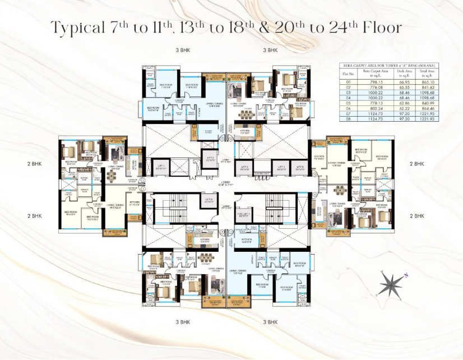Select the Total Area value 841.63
pos(427,87)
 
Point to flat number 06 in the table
pos(350,108)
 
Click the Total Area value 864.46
pos(427,108)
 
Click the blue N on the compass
pos(406,275)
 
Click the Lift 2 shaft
pos(210,160)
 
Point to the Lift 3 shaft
pos(245,167)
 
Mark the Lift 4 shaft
pos(280,167)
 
